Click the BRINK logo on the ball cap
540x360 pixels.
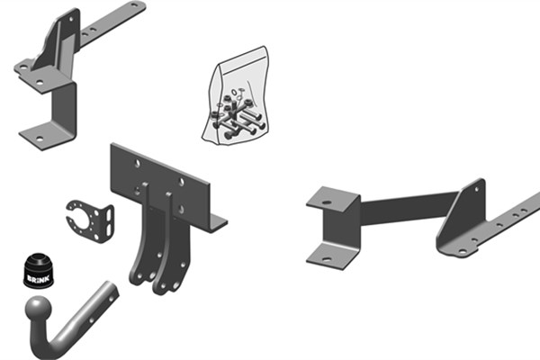point(38,278)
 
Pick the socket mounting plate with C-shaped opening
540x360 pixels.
point(91,220)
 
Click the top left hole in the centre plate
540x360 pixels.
point(138,164)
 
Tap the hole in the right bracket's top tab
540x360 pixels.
point(327,202)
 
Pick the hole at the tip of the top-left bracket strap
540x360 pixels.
point(134,4)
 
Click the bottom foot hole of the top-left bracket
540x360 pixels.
point(40,139)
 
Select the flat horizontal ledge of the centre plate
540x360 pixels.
point(217,223)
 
